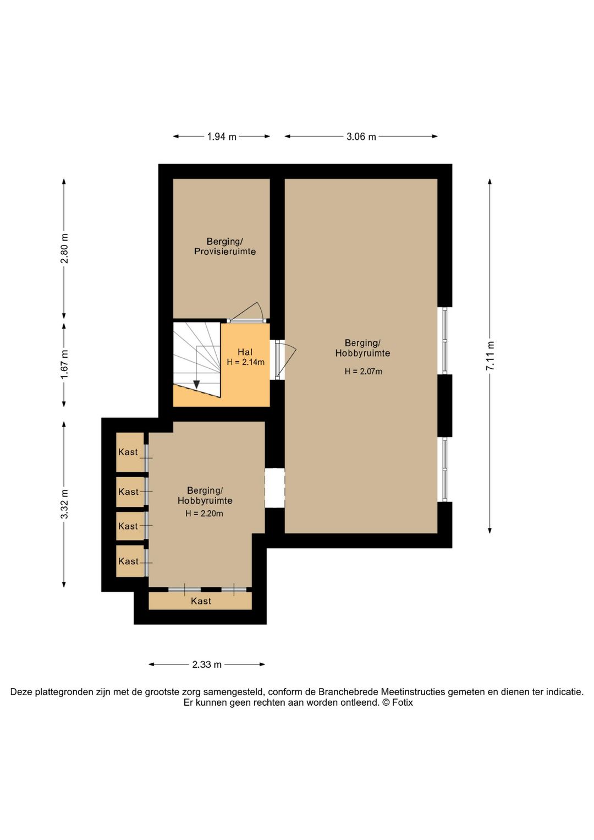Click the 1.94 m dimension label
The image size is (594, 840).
222,137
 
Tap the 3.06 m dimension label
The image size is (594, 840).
361,137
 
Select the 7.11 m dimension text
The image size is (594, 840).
490,356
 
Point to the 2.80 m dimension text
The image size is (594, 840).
64,248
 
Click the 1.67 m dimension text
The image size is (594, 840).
64,364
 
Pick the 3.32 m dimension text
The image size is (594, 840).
64,504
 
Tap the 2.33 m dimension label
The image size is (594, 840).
206,664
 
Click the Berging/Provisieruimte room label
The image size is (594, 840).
225,247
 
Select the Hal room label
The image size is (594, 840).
245,352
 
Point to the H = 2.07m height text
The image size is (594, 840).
364,372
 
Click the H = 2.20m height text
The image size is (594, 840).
204,514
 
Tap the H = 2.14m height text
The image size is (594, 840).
245,362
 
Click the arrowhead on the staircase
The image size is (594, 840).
196,385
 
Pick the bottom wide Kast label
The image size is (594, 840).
201,601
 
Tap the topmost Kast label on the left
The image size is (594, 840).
128,452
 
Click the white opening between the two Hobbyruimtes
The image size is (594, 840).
274,488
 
